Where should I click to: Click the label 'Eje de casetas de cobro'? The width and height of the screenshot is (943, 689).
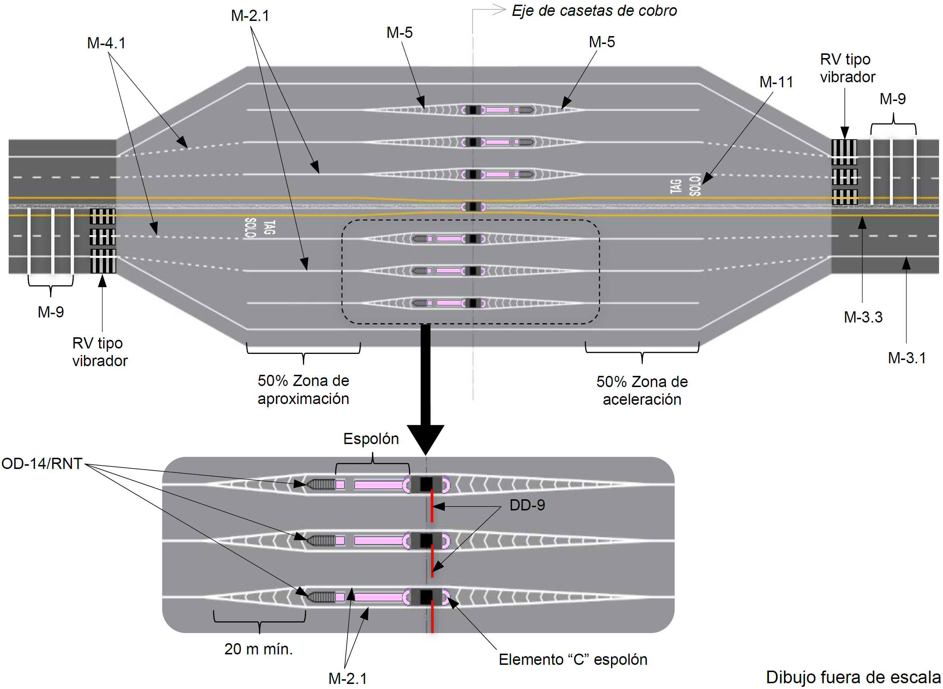(594, 11)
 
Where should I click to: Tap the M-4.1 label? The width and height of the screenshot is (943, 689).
(106, 43)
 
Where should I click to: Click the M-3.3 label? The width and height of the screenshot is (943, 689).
(863, 317)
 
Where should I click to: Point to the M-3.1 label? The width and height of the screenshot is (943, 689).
(907, 358)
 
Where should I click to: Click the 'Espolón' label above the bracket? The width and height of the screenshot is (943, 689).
(371, 439)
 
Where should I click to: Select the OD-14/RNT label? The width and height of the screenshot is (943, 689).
(42, 464)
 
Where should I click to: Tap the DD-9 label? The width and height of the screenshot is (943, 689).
(527, 505)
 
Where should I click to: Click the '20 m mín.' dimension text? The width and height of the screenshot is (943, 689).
(259, 649)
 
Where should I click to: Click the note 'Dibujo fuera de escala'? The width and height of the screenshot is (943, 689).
(853, 677)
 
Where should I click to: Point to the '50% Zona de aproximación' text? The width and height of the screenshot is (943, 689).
(303, 390)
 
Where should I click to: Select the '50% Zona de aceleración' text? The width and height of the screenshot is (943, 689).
(642, 391)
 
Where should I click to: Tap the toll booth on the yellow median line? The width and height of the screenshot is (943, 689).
(473, 206)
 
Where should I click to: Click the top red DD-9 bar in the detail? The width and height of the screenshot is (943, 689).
(432, 506)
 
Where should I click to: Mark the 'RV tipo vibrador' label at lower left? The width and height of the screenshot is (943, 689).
(100, 352)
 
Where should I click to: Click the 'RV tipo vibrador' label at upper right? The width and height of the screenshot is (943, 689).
(847, 68)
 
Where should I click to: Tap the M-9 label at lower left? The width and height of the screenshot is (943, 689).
(51, 312)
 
